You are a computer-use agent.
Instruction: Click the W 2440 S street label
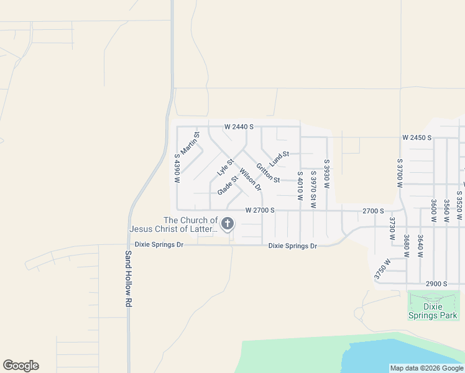[x=239, y=127]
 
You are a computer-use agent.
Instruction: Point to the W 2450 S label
[x=417, y=137]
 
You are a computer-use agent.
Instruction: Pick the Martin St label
[x=190, y=144]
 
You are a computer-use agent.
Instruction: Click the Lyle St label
[x=224, y=167]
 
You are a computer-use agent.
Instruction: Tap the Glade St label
[x=228, y=185]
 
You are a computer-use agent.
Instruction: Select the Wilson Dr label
[x=251, y=180]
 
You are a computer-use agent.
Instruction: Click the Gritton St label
[x=268, y=172]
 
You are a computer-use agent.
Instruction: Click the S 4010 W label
[x=300, y=186]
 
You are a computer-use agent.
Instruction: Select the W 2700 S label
[x=260, y=210]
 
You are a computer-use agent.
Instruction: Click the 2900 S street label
[x=436, y=283]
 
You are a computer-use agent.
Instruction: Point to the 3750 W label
[x=382, y=269]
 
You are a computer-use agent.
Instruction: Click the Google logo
[x=21, y=366]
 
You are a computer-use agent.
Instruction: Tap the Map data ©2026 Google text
[x=426, y=368]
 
